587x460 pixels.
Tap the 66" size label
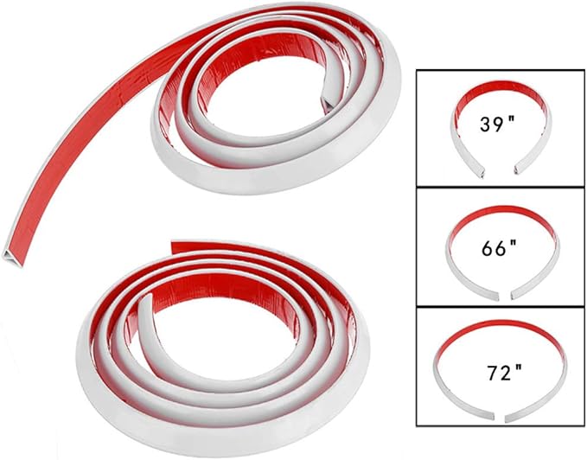(x=499, y=247)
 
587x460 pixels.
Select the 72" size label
(x=504, y=372)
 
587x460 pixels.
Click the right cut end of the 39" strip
(x=520, y=169)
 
